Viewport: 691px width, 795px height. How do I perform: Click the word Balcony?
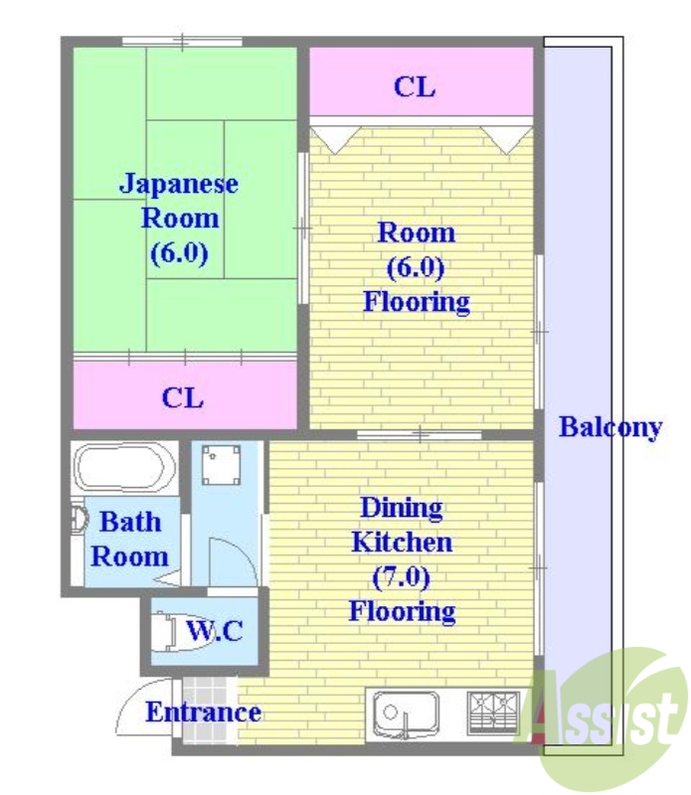(609, 427)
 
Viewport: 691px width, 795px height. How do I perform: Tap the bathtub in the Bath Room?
(124, 468)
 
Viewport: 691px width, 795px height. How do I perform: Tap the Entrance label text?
(203, 712)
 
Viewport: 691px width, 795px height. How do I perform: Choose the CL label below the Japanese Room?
(183, 397)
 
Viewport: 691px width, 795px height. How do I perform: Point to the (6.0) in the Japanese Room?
(179, 252)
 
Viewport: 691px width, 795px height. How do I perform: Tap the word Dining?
(401, 508)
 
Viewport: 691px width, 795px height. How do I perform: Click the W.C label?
(215, 630)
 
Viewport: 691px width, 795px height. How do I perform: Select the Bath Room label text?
(129, 539)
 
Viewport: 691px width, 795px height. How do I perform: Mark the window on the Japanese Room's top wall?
(182, 42)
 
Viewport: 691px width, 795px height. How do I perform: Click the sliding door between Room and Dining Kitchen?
(420, 434)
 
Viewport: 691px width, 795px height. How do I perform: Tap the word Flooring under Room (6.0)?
(416, 301)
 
